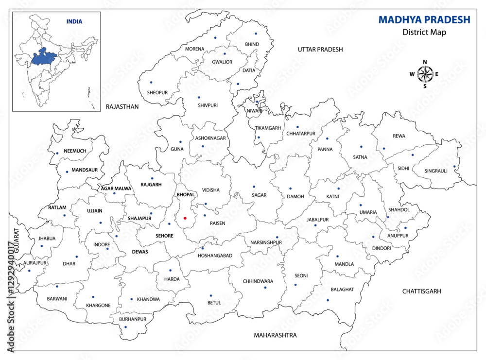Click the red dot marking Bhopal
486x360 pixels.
(x=185, y=218)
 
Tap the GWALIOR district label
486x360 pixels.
(x=222, y=62)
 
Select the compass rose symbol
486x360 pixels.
(x=425, y=74)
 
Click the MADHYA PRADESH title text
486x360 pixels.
(x=424, y=20)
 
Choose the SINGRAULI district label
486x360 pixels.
(x=436, y=171)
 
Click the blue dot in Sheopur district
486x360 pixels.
(x=151, y=82)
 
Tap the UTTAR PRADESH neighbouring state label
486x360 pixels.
(x=320, y=50)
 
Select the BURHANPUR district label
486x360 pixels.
(x=133, y=319)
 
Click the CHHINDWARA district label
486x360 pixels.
(x=258, y=281)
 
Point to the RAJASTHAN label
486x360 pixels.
(x=122, y=106)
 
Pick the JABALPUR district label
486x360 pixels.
(x=318, y=220)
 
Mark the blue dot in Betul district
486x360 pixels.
(x=211, y=295)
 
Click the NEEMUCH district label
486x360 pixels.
(x=75, y=151)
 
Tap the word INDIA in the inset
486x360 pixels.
(x=74, y=21)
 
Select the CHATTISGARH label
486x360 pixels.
(x=421, y=291)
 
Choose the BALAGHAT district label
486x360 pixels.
(x=343, y=290)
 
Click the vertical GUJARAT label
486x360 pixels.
(x=16, y=240)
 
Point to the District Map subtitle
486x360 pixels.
(x=424, y=33)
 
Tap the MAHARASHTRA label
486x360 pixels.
(x=275, y=335)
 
